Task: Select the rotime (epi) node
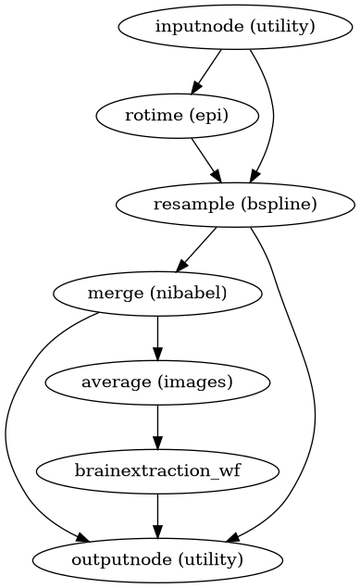point(163,116)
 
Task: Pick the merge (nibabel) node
point(157,294)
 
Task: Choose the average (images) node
point(157,382)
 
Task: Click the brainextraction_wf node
point(157,470)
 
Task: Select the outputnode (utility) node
point(157,559)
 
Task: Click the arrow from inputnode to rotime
point(205,71)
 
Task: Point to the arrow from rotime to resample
point(205,159)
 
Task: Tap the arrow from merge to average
point(157,337)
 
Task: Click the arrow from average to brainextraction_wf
point(157,426)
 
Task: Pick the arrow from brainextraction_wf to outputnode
point(157,515)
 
